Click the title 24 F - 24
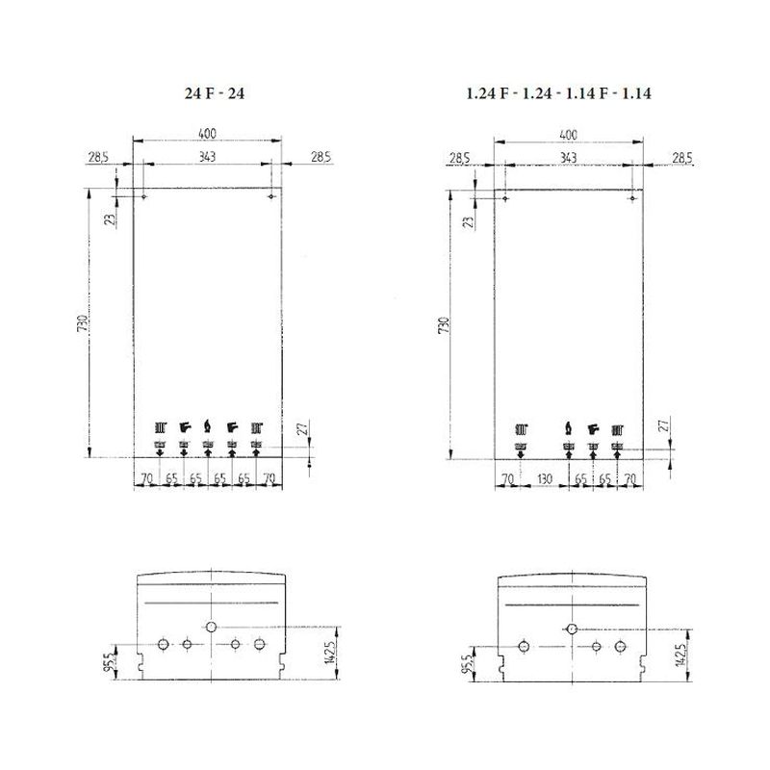(x=214, y=93)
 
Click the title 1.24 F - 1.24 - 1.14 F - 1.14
(x=559, y=93)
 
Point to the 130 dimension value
(x=545, y=478)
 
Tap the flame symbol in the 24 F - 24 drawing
(x=208, y=426)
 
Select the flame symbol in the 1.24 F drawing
(x=569, y=428)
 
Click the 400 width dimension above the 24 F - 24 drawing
(x=207, y=133)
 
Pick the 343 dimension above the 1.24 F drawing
(x=568, y=158)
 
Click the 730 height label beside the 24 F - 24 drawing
(x=83, y=322)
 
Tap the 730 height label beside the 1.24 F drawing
(x=444, y=325)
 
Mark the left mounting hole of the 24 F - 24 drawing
(x=143, y=196)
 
